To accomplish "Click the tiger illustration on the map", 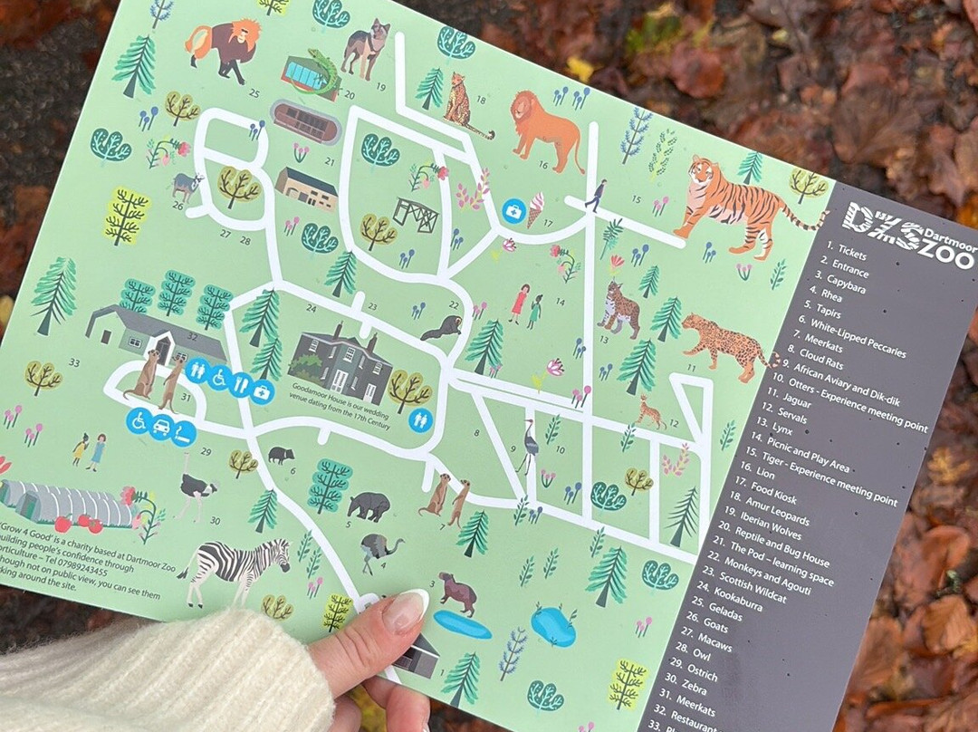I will (738, 204).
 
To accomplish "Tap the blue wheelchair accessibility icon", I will (139, 421).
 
